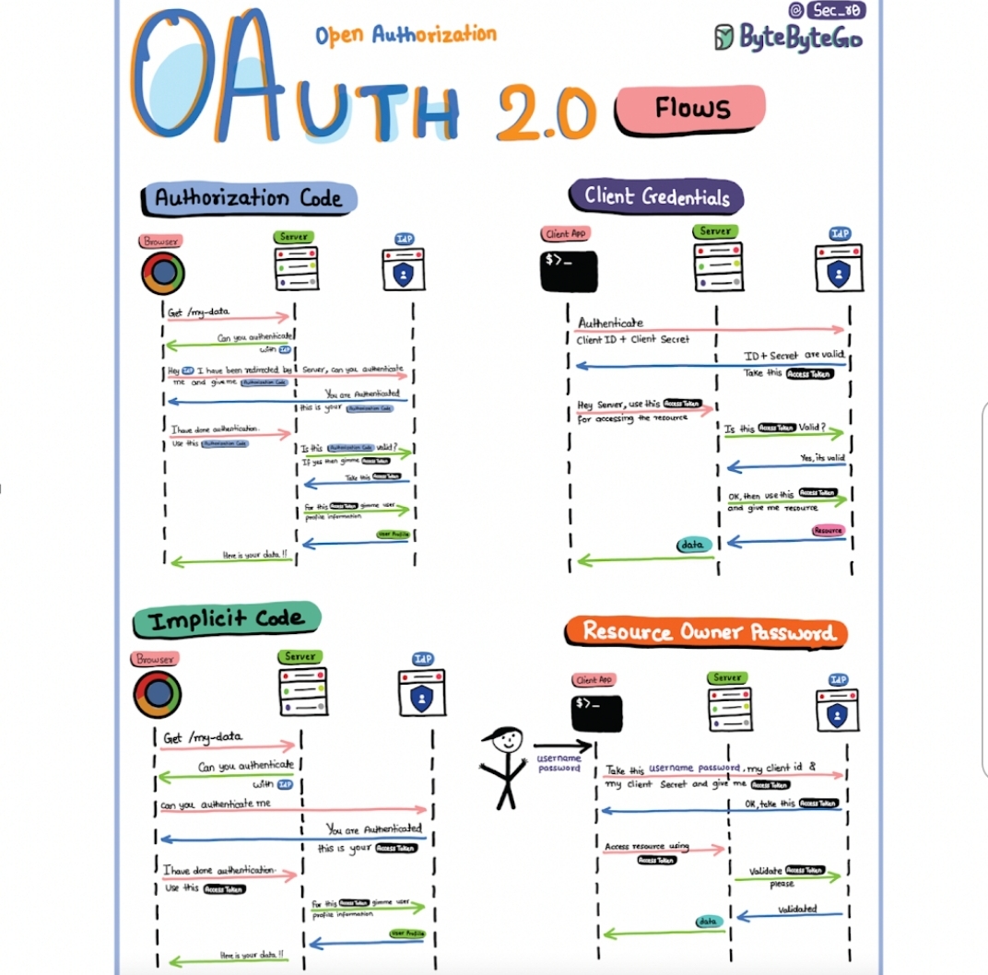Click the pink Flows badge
691,110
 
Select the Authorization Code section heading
248,198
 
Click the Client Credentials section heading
657,196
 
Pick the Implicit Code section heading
226,620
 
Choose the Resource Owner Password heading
708,632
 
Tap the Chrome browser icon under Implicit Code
157,694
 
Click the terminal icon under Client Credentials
569,271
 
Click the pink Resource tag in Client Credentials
829,531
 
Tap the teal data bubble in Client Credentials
692,546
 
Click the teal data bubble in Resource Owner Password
707,921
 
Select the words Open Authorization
406,35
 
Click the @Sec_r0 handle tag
827,10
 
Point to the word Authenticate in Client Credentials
610,323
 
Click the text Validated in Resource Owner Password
797,910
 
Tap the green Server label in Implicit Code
300,656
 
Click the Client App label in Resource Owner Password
593,680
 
